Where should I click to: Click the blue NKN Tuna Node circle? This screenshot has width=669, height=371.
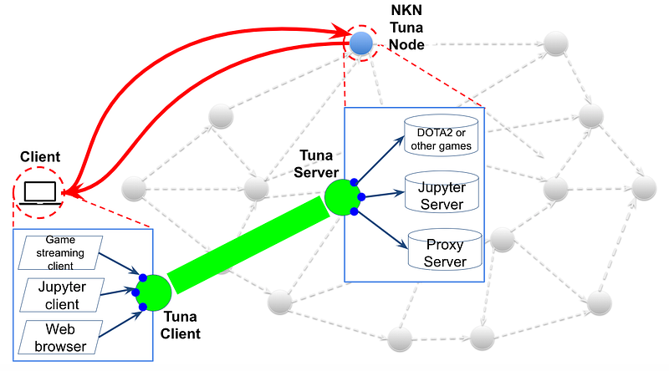point(361,43)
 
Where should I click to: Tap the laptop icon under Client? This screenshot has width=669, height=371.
point(41,192)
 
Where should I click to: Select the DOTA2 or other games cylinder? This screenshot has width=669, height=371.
point(441,135)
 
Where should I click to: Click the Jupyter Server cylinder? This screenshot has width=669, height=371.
point(441,191)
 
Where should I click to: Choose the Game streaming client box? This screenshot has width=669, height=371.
point(59,252)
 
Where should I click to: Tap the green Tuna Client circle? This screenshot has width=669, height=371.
point(154,292)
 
